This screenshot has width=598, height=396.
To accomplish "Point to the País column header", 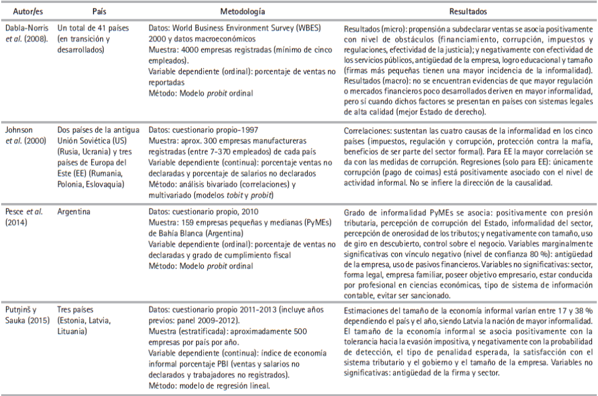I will pos(99,11).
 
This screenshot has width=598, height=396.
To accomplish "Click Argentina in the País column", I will pos(75,211).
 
